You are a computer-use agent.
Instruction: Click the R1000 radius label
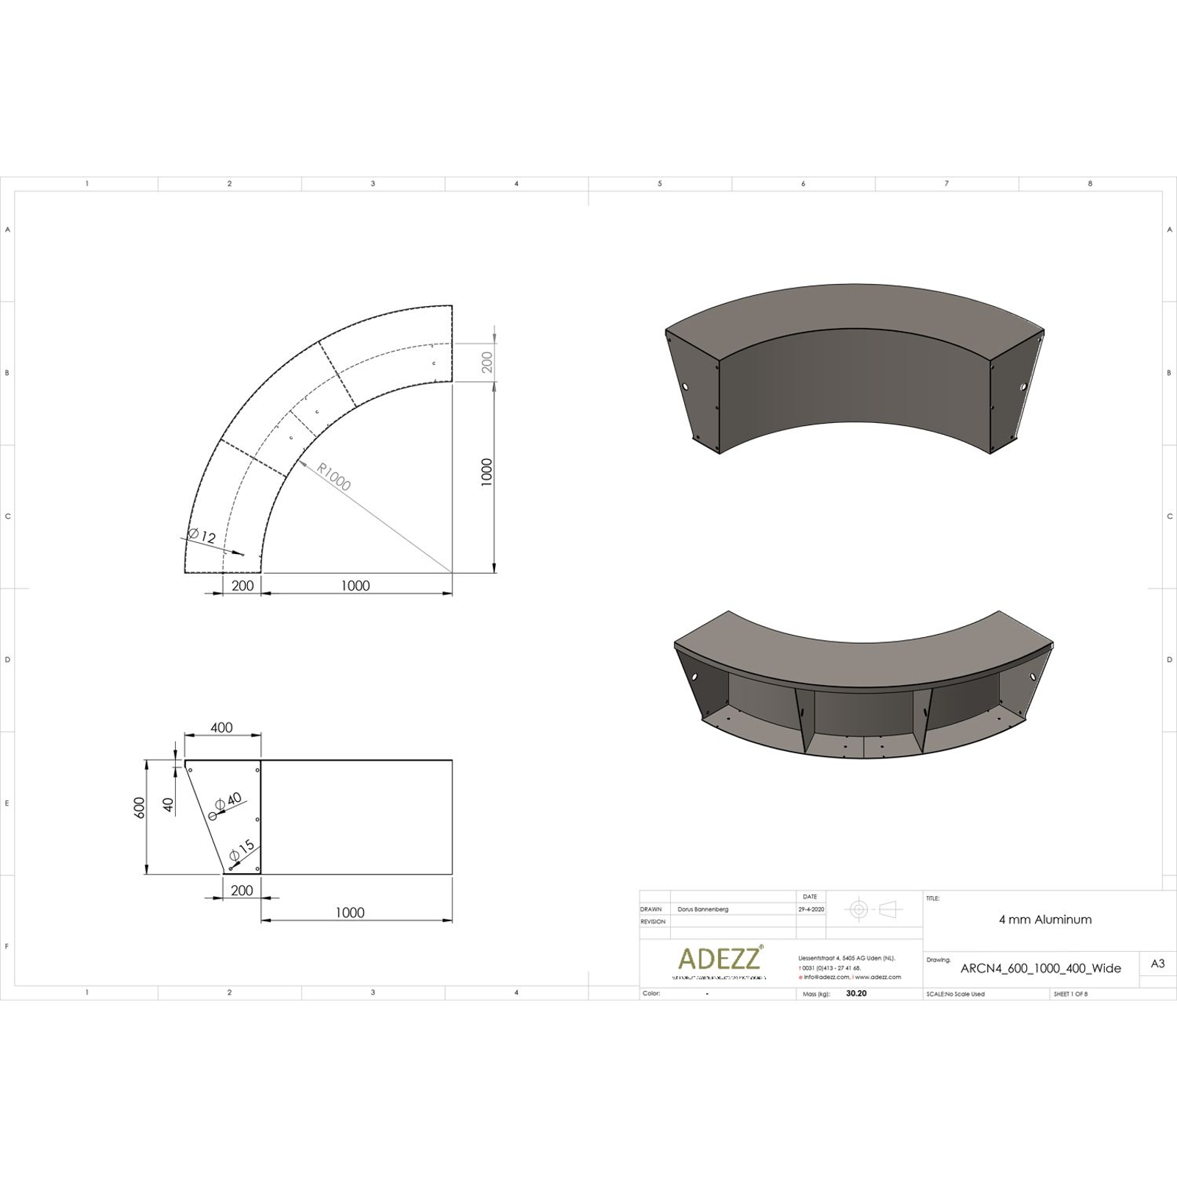[335, 477]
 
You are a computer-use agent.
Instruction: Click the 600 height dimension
[140, 807]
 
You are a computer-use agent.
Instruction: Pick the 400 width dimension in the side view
[221, 728]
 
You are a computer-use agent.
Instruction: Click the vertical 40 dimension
[169, 805]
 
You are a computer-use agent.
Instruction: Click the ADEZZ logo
[720, 959]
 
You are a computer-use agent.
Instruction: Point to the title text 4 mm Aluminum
[1045, 920]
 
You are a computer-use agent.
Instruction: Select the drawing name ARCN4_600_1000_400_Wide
[1041, 968]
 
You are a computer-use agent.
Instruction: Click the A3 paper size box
[1157, 964]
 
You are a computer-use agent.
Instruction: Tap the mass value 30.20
[856, 993]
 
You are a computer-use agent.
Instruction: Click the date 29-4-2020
[811, 909]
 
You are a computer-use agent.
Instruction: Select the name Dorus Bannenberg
[703, 909]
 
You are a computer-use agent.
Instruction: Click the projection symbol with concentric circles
[859, 909]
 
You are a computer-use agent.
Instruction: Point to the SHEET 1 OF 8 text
[1070, 994]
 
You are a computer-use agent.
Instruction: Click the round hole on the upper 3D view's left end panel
[684, 387]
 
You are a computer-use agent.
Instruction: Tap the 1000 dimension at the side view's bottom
[350, 912]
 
